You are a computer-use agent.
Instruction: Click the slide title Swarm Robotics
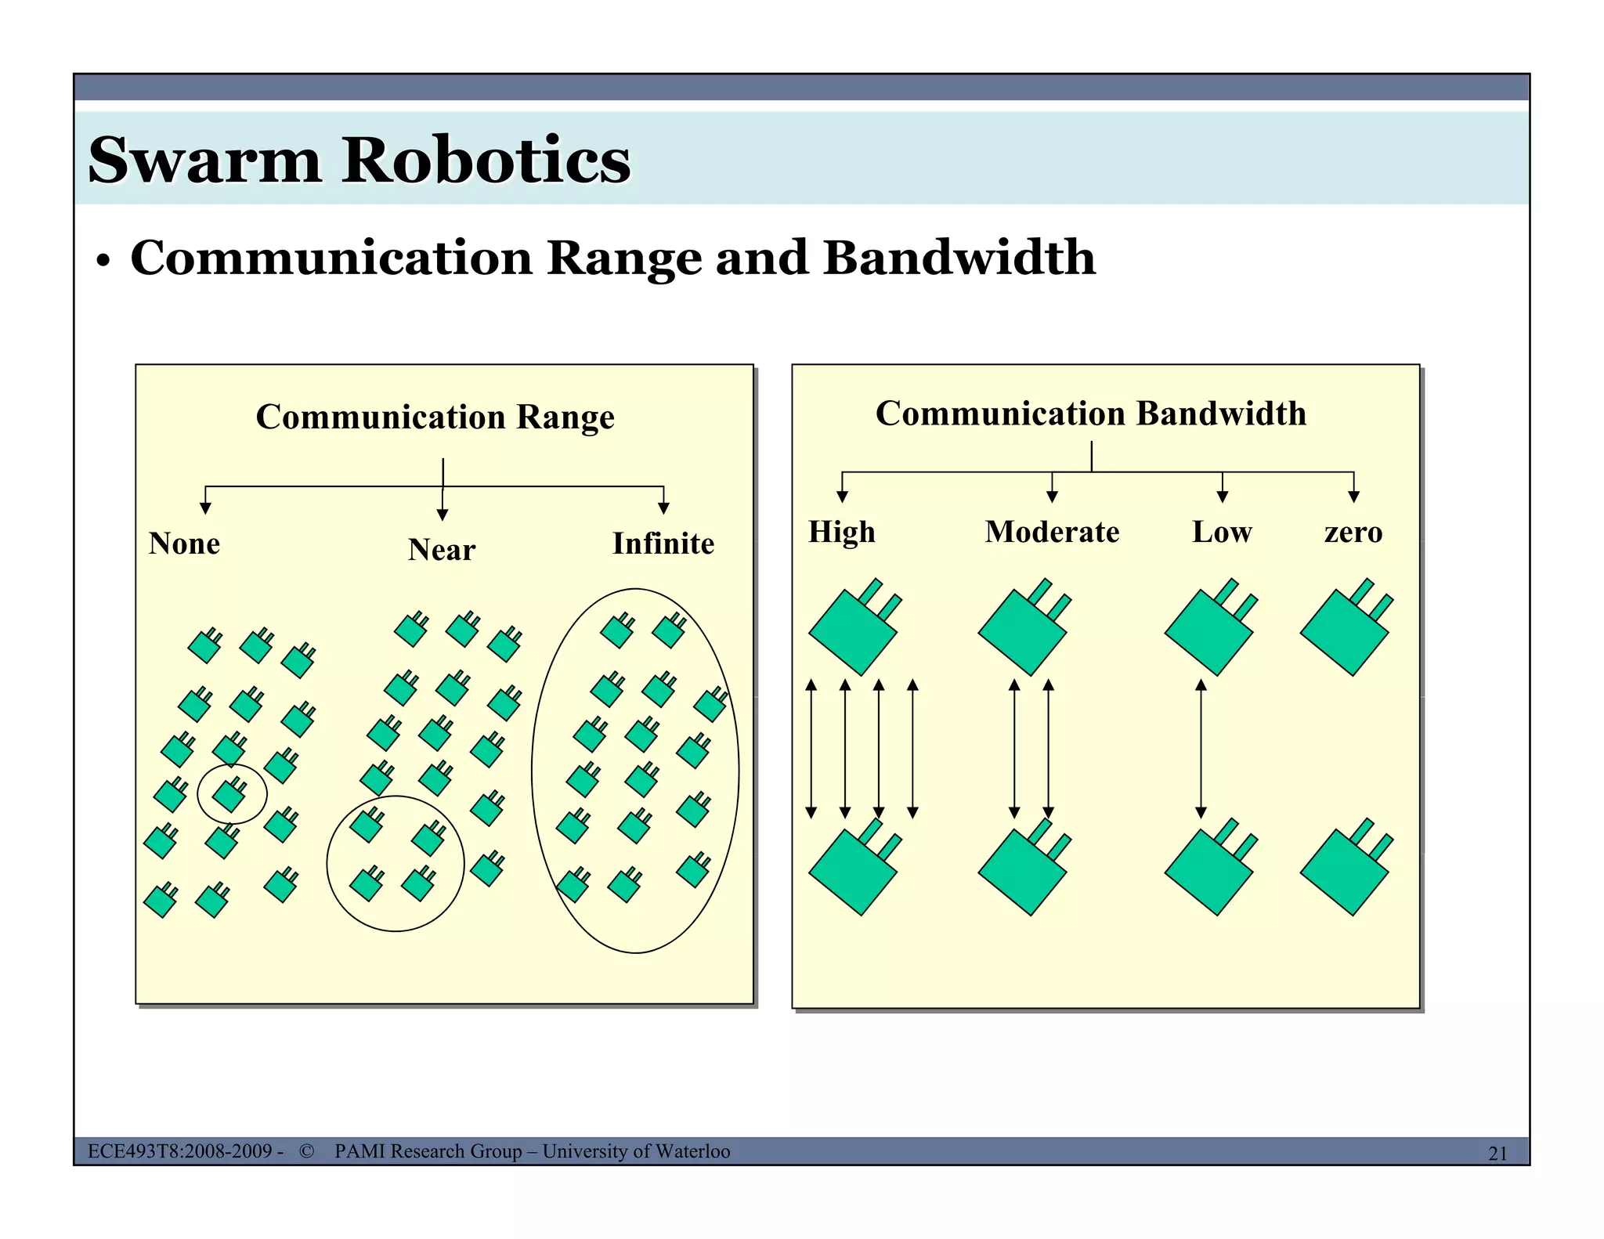(359, 160)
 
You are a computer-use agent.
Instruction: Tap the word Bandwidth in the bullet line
(959, 258)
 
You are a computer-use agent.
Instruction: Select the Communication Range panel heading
(435, 417)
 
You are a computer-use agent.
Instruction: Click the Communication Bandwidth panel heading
(1090, 414)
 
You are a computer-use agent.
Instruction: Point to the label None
(184, 544)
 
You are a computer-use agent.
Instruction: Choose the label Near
(441, 550)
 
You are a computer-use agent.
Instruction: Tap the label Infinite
(663, 544)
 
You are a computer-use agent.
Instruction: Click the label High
(841, 532)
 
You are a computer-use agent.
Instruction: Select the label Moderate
(1052, 532)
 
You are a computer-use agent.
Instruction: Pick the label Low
(1221, 532)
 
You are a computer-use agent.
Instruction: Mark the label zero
(1353, 533)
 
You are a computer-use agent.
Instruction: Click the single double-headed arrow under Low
(1201, 749)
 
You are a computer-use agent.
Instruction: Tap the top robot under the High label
(853, 631)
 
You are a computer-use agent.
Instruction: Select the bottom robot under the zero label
(1345, 871)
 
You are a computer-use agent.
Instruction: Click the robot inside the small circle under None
(229, 795)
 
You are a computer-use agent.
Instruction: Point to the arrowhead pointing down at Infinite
(663, 508)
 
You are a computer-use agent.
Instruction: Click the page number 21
(1497, 1153)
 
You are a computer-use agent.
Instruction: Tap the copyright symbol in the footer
(306, 1151)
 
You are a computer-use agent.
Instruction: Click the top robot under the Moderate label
(1023, 631)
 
